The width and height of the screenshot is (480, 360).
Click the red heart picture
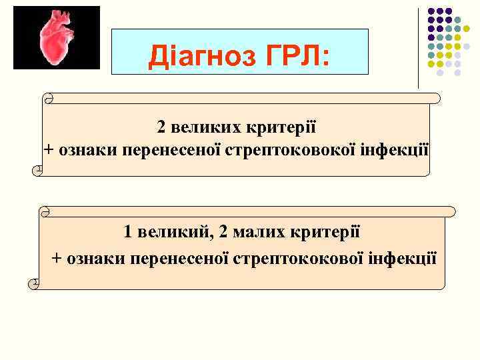(57, 37)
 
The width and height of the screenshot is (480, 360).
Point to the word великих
(202, 127)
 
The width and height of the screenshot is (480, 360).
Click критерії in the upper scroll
(279, 127)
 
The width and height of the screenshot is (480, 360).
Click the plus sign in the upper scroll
(49, 148)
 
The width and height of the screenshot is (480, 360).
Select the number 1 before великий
(127, 233)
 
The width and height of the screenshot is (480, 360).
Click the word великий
(172, 233)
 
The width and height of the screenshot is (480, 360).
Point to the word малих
(258, 233)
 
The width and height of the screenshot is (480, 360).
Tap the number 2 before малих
(223, 233)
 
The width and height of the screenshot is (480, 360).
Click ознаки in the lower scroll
(89, 257)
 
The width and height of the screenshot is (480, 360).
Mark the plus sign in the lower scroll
(57, 257)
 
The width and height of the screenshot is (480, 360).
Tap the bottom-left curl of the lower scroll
(34, 285)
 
